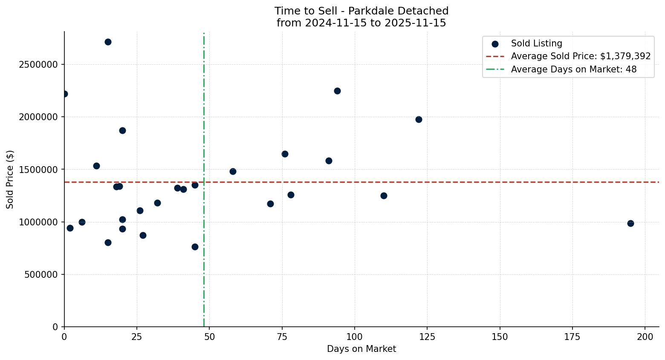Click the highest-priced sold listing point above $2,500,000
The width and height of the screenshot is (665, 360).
(x=108, y=42)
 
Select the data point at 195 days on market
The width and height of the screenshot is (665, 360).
(x=630, y=223)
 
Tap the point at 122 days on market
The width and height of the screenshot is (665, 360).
(x=419, y=119)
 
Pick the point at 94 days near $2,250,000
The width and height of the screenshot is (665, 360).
(x=337, y=91)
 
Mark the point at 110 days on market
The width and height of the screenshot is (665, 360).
(x=384, y=196)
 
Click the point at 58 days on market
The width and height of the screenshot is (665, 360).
(x=233, y=171)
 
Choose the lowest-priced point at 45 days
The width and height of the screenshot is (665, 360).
(x=195, y=247)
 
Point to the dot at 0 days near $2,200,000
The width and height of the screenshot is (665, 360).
(x=64, y=94)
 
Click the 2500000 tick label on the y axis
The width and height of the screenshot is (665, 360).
(x=38, y=65)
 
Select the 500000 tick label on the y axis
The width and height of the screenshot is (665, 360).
(x=40, y=275)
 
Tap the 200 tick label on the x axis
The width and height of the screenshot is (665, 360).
(x=645, y=337)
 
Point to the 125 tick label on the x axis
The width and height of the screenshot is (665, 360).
(x=427, y=337)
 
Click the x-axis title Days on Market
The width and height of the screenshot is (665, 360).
(x=361, y=349)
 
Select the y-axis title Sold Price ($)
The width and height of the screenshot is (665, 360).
(x=10, y=179)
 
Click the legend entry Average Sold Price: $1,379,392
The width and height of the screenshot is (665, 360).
(x=581, y=56)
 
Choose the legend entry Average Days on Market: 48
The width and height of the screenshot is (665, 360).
(x=573, y=69)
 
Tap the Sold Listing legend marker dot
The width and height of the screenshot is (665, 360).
(x=495, y=44)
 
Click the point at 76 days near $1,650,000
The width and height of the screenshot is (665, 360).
(x=285, y=154)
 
